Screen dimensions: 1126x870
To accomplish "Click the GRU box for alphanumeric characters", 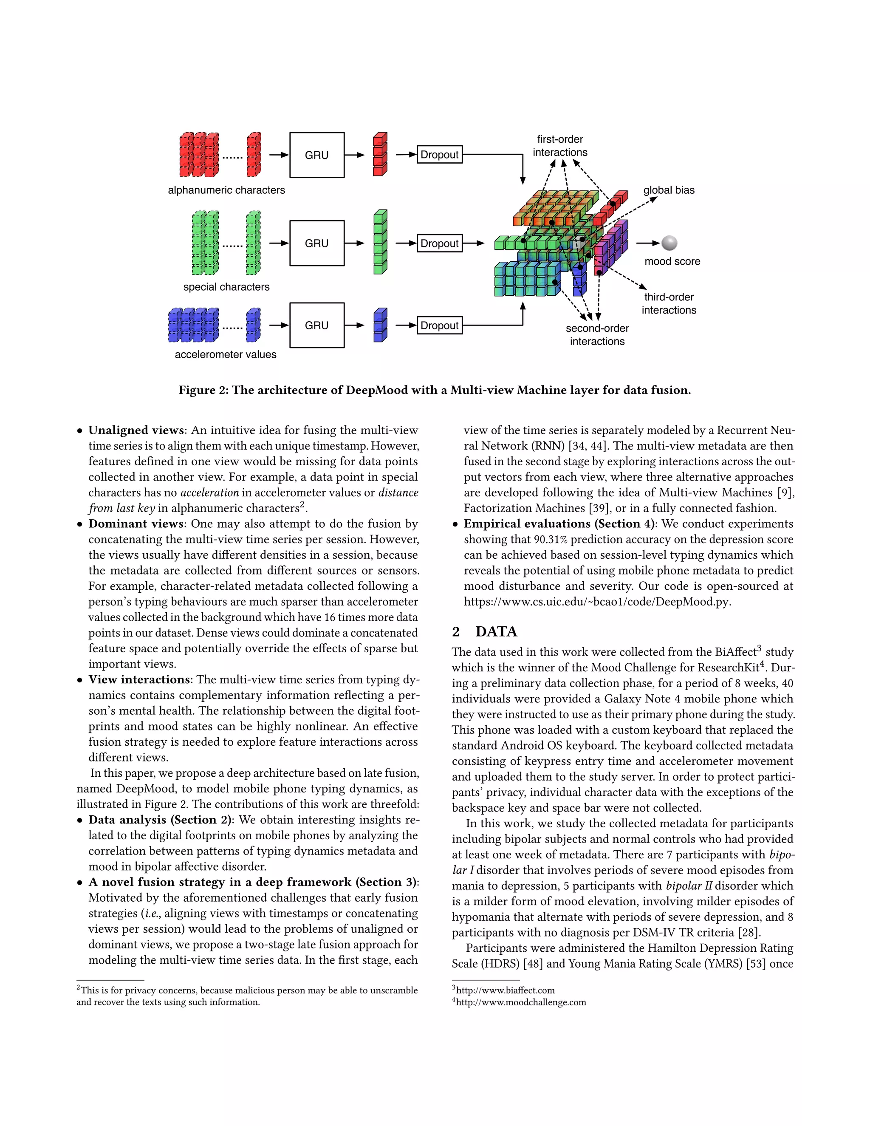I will [x=316, y=155].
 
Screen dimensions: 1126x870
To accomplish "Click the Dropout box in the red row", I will [x=439, y=155].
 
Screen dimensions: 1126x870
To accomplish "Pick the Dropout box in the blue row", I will [x=439, y=325].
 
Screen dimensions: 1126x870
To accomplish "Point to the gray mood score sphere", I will [x=669, y=243].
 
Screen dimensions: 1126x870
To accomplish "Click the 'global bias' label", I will [x=669, y=190].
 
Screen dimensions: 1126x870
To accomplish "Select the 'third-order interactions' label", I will [x=669, y=303].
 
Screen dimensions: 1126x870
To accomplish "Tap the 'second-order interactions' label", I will [x=597, y=334].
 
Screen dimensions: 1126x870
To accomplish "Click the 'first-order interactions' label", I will [x=560, y=145].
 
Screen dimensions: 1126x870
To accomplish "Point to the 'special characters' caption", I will [x=226, y=287].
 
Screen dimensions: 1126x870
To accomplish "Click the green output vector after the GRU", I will [x=380, y=242].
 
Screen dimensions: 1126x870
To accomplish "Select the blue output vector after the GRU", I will [x=380, y=325].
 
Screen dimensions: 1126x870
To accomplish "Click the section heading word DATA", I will [x=496, y=631].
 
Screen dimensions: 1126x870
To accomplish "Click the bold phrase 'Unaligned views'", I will [x=136, y=430].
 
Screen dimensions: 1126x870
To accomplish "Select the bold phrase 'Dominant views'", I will [x=136, y=524].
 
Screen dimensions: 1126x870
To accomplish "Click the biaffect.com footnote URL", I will [x=505, y=990].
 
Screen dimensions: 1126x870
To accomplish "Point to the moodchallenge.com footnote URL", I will [x=520, y=1002].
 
